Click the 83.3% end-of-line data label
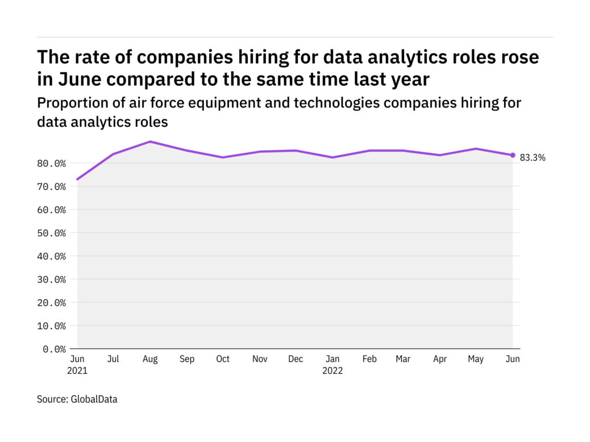click(533, 158)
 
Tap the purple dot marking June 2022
click(513, 155)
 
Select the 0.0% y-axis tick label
click(55, 349)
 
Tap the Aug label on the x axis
click(150, 359)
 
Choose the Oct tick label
click(223, 359)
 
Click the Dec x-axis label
click(296, 359)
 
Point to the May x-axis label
click(476, 359)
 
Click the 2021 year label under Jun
click(78, 371)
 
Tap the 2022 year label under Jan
click(332, 371)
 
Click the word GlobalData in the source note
click(94, 399)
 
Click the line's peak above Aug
click(150, 141)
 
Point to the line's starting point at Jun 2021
click(78, 179)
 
